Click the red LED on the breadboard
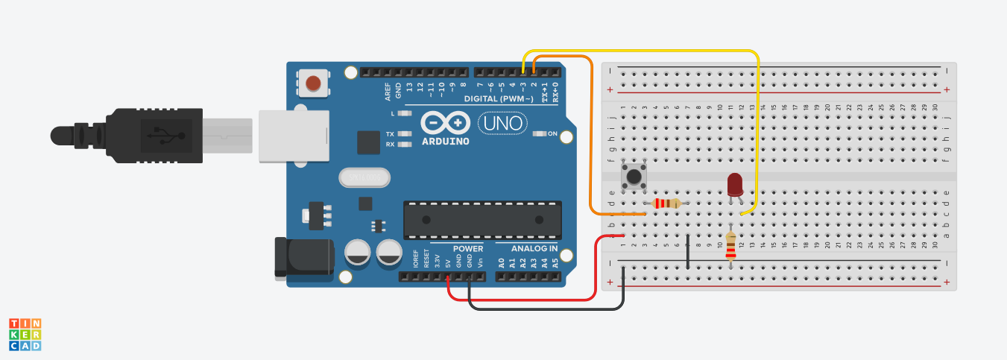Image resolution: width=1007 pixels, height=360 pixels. coord(734,183)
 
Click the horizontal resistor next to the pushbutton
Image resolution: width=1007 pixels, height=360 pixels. coord(666,203)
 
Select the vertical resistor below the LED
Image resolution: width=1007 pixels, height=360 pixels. coord(730,244)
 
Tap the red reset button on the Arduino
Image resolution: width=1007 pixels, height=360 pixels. coord(313,83)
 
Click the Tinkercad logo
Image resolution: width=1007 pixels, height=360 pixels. coord(25,334)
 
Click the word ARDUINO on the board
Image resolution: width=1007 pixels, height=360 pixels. coord(445,141)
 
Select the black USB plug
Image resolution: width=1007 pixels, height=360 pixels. coord(149,136)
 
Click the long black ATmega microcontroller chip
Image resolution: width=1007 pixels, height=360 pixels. coord(482,220)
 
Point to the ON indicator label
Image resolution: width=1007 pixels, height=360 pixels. coord(552,134)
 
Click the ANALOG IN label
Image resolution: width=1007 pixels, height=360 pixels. coord(534,248)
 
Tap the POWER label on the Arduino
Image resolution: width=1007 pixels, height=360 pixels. coord(467,248)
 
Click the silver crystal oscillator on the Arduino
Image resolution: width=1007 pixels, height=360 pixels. coord(364,177)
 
